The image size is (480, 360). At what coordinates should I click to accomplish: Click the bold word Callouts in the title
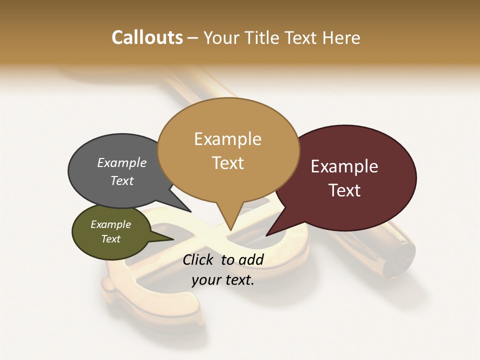147,37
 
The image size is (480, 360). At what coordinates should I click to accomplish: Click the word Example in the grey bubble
122,162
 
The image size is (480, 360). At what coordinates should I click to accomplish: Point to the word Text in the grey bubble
122,180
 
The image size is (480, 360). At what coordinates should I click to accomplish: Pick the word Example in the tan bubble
227,139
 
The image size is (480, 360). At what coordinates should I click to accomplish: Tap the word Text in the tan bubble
227,163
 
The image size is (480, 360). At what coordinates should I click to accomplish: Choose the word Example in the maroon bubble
344,166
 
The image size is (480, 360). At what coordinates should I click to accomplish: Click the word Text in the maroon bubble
344,190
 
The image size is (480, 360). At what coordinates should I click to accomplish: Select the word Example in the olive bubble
111,224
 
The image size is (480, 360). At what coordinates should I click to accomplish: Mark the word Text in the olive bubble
111,239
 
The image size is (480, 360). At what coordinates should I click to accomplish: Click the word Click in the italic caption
199,259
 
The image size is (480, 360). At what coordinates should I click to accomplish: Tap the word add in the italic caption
251,259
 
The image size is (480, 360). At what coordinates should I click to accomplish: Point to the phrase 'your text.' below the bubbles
223,280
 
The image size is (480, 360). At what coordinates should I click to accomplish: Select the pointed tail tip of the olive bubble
173,239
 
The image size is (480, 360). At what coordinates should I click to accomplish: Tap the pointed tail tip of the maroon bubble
266,235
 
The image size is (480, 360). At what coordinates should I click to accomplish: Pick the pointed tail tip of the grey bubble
190,211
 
